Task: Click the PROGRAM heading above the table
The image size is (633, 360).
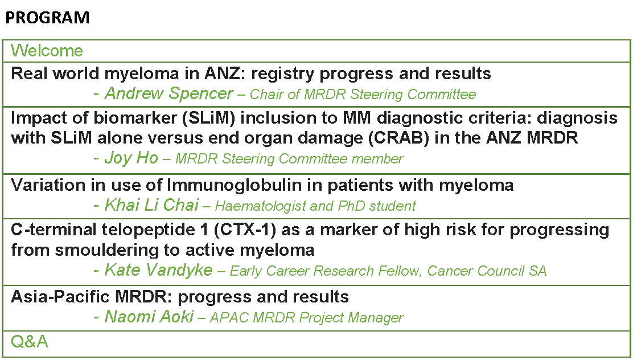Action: click(x=47, y=18)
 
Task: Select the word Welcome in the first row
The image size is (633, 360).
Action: click(x=47, y=51)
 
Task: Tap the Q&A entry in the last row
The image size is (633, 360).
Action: click(x=30, y=342)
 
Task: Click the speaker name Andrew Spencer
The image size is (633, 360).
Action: click(x=168, y=93)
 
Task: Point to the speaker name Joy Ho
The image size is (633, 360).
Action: click(x=131, y=158)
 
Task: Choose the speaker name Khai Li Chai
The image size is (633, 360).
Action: click(x=151, y=205)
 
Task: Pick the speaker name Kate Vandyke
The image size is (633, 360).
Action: click(x=159, y=270)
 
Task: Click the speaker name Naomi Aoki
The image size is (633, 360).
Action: click(x=149, y=316)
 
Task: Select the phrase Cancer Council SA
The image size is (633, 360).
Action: click(x=487, y=271)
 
